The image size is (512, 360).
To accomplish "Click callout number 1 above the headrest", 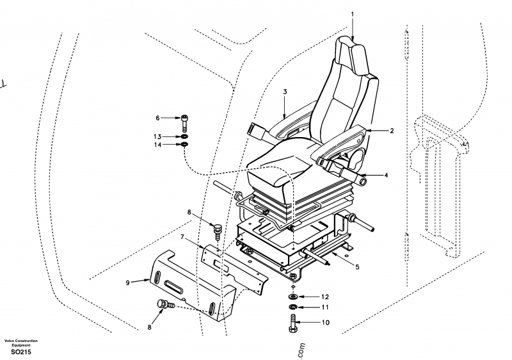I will (352, 13).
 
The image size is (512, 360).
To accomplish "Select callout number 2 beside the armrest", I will (392, 131).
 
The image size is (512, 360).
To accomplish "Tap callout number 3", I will (285, 92).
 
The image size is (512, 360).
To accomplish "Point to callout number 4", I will (385, 175).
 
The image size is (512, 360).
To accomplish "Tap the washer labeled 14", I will (185, 145).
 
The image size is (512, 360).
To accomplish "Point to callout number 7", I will (182, 237).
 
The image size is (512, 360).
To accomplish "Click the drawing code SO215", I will (21, 352).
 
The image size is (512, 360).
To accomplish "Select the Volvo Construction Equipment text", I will (21, 343).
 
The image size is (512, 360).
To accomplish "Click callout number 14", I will (157, 145).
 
